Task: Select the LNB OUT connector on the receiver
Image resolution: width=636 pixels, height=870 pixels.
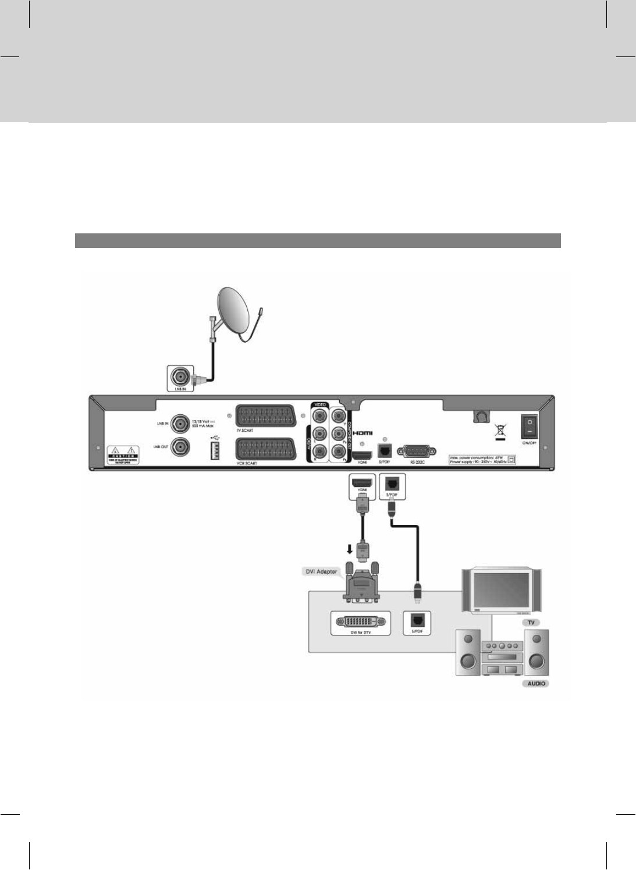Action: point(180,446)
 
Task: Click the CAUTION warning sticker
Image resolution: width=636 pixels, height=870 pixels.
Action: point(124,454)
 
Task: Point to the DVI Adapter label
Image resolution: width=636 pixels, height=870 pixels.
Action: point(321,571)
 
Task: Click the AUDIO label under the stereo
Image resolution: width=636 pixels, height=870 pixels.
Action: point(536,683)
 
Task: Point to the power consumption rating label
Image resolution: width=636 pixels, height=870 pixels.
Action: point(482,459)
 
